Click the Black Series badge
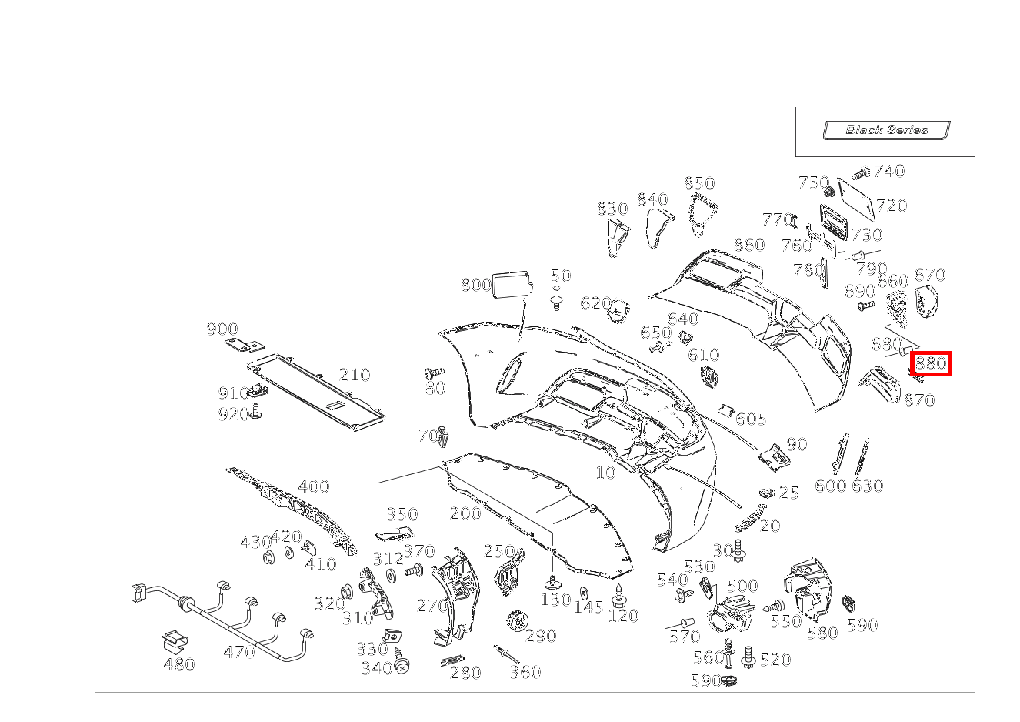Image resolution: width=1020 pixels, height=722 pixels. tap(886, 130)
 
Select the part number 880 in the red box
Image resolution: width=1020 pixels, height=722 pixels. tap(931, 363)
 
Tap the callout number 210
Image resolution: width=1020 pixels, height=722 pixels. tap(355, 375)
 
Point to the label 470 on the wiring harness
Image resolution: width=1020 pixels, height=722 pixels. tap(238, 652)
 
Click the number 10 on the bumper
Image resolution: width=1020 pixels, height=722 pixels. tap(606, 472)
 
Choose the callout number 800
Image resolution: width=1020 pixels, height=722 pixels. tap(475, 286)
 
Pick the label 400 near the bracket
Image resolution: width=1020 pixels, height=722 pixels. tap(313, 486)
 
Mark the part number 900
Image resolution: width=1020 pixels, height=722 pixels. tap(222, 329)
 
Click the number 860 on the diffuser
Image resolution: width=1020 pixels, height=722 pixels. tap(748, 245)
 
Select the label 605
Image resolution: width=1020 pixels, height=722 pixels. tap(751, 419)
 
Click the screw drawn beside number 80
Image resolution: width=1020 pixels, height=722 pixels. tap(434, 373)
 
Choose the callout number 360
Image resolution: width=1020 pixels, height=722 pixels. tap(525, 672)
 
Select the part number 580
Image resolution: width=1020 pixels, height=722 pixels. tap(822, 633)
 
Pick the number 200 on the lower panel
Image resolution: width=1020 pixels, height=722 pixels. tap(465, 513)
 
